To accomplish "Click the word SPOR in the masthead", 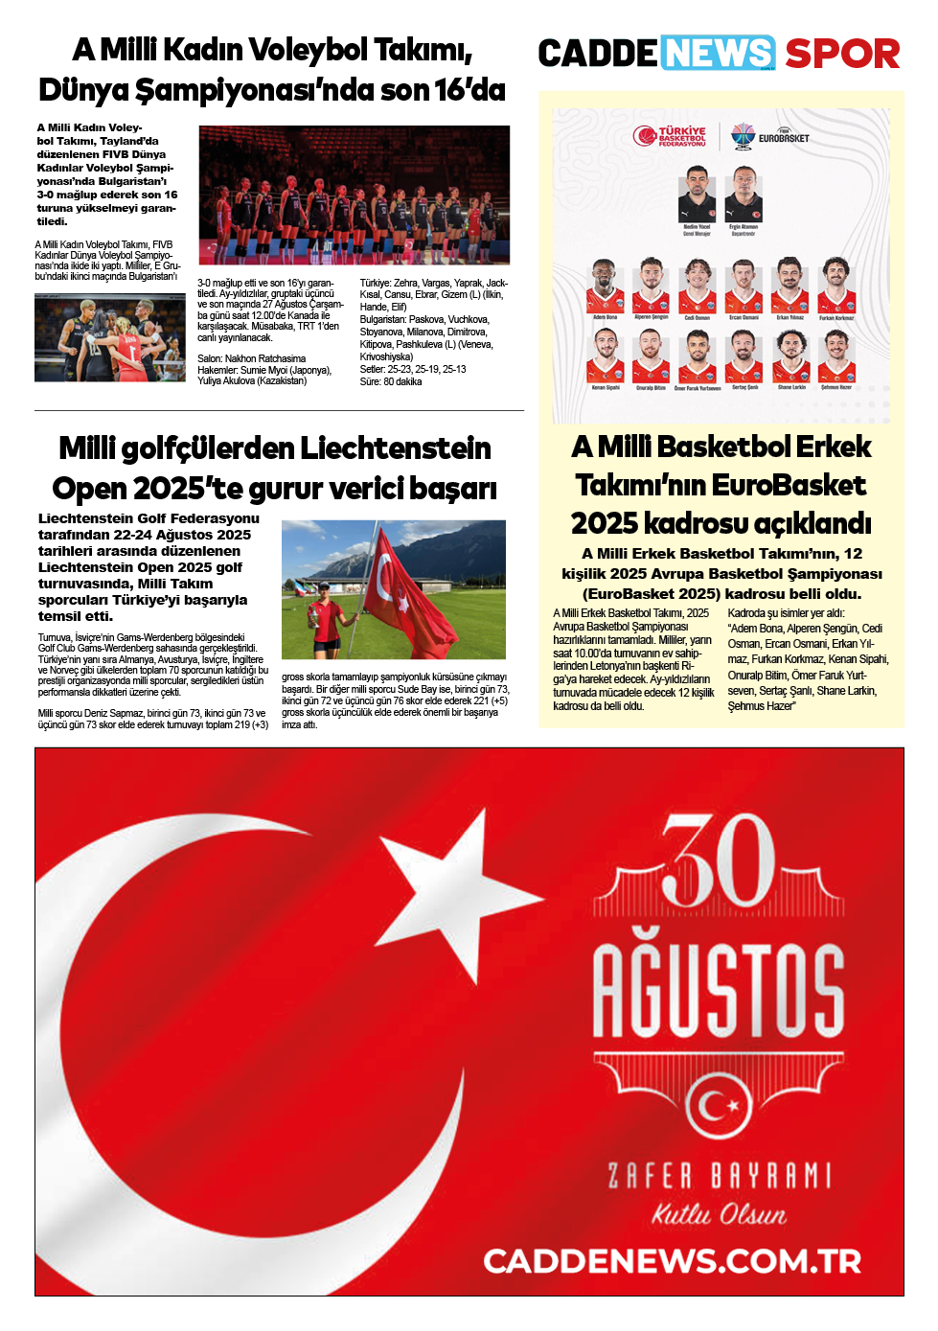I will tap(842, 54).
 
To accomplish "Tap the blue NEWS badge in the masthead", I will tap(718, 53).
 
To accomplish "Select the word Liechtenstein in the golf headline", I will tap(396, 448).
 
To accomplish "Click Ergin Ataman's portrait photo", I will tap(744, 194).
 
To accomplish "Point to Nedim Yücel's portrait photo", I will tap(697, 194).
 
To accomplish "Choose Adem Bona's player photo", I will tap(605, 285).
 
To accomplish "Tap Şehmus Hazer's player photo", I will tap(835, 356).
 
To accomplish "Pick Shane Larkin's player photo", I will tap(790, 356).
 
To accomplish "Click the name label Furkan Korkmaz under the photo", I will tap(835, 318).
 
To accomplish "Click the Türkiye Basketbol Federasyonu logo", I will tap(670, 137).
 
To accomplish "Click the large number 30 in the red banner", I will tap(718, 861).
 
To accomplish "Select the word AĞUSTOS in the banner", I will tap(718, 991).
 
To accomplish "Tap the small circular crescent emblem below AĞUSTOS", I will tap(718, 1106).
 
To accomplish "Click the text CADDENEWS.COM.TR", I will tap(672, 1261).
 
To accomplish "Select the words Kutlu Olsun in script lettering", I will tap(718, 1214).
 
